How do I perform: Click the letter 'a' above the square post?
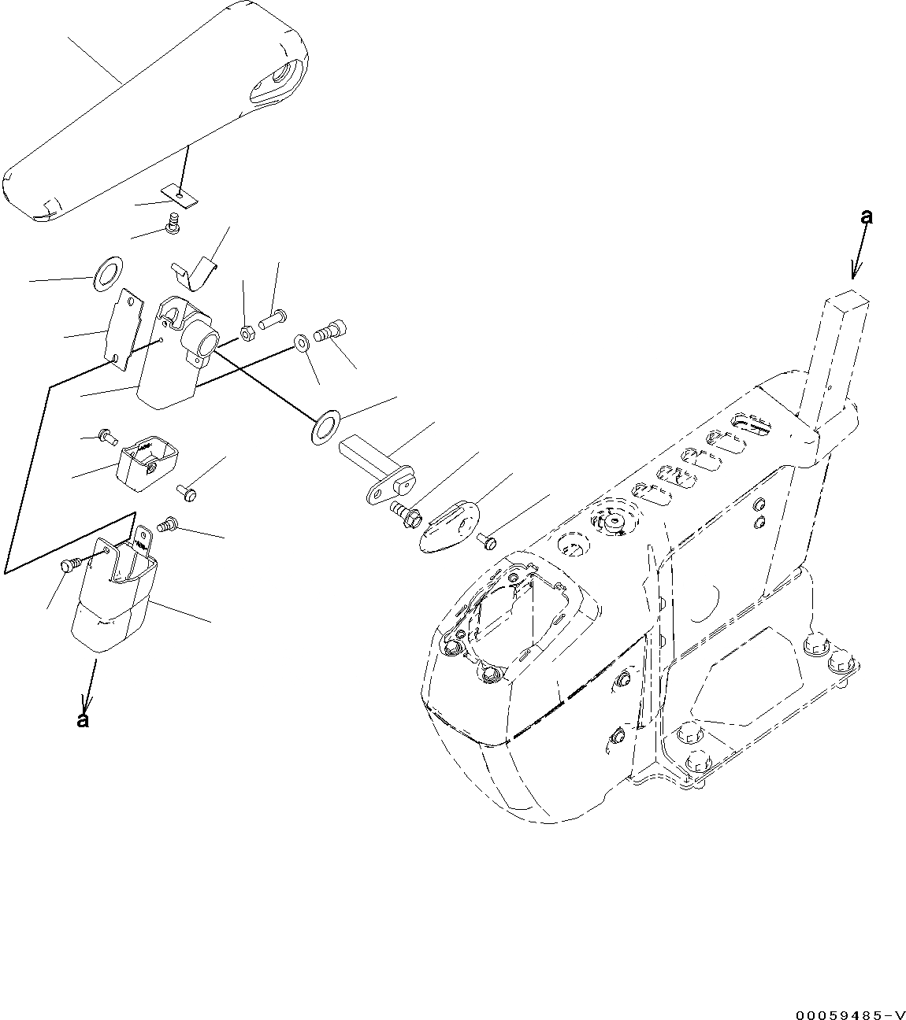click(x=866, y=217)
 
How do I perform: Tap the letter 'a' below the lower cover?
click(x=83, y=719)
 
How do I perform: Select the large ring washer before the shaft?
click(x=324, y=426)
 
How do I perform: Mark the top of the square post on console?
click(x=848, y=300)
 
